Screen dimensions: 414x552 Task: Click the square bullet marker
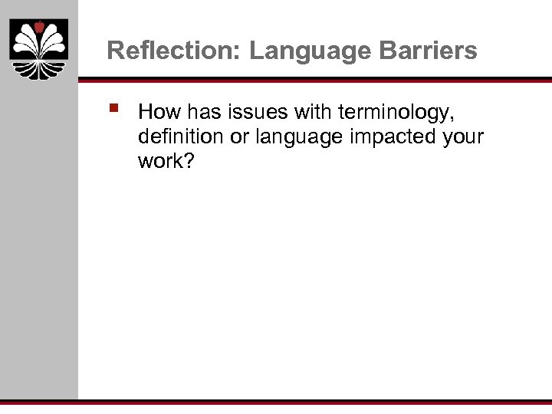pyautogui.click(x=114, y=110)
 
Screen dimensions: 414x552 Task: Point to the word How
pyautogui.click(x=157, y=113)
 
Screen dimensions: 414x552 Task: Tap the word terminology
pyautogui.click(x=389, y=113)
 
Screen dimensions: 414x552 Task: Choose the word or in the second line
pyautogui.click(x=240, y=137)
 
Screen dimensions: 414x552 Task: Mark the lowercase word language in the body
pyautogui.click(x=295, y=138)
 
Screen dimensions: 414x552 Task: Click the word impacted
pyautogui.click(x=390, y=137)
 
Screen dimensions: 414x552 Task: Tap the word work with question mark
pyautogui.click(x=166, y=162)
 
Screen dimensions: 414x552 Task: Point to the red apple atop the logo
pyautogui.click(x=39, y=28)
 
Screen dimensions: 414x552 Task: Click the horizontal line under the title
pyautogui.click(x=314, y=79)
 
